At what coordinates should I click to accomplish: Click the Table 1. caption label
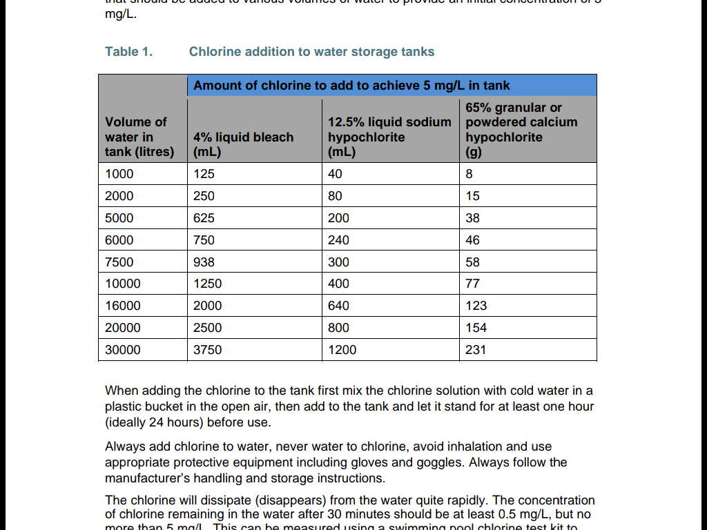pyautogui.click(x=128, y=52)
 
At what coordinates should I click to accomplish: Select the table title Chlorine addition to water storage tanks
pyautogui.click(x=311, y=52)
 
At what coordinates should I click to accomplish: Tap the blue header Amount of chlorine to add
pyautogui.click(x=351, y=86)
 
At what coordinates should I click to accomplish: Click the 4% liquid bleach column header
pyautogui.click(x=243, y=144)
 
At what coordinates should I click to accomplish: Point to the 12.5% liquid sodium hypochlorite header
pyautogui.click(x=389, y=137)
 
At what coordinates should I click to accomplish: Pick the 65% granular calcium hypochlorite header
pyautogui.click(x=521, y=130)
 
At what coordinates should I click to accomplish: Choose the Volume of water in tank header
pyautogui.click(x=139, y=137)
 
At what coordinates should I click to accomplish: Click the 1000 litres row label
pyautogui.click(x=119, y=174)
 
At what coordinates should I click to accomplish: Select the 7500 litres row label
pyautogui.click(x=119, y=262)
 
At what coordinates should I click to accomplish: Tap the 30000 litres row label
pyautogui.click(x=123, y=350)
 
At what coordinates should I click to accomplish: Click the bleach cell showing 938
pyautogui.click(x=204, y=262)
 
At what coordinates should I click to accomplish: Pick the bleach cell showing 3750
pyautogui.click(x=207, y=350)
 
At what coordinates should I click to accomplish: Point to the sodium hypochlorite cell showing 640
pyautogui.click(x=338, y=306)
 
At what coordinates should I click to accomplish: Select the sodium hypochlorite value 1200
pyautogui.click(x=342, y=350)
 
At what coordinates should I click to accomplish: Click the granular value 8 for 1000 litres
pyautogui.click(x=469, y=174)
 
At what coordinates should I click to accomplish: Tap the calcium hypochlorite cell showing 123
pyautogui.click(x=476, y=306)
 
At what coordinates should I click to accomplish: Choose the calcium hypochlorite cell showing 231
pyautogui.click(x=476, y=350)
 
